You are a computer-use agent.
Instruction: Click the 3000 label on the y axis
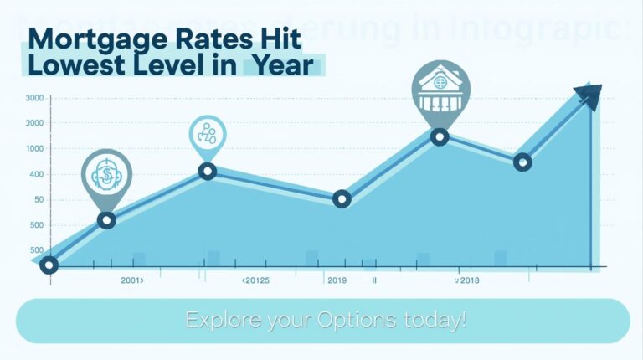pos(34,99)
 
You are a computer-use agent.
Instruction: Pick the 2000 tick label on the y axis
pos(34,123)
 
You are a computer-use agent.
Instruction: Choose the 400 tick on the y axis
pos(36,174)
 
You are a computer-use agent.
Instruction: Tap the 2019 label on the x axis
pos(337,281)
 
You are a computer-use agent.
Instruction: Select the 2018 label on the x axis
pos(467,281)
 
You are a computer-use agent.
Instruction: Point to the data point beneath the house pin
pos(440,137)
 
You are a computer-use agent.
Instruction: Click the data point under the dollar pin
pos(106,220)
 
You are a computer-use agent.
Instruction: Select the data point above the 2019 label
pos(341,198)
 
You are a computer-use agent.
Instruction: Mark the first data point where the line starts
pos(49,265)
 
